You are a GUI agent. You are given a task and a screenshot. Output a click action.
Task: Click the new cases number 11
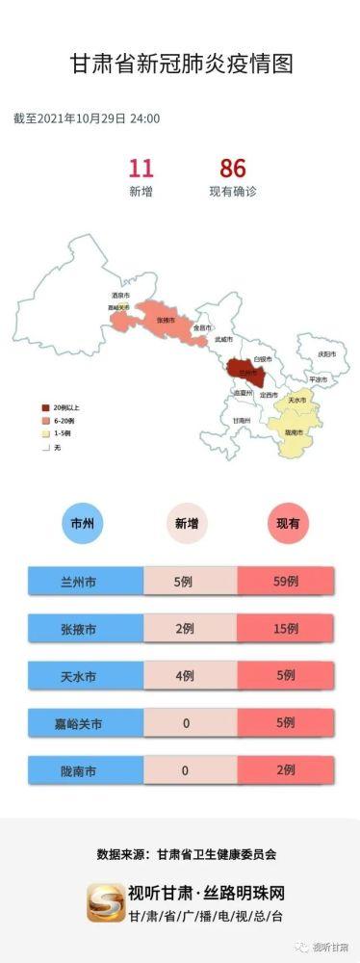pyautogui.click(x=141, y=169)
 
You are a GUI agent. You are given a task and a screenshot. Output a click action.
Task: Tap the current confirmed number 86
pyautogui.click(x=233, y=169)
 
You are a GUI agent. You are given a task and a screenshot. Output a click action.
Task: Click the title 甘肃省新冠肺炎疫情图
pyautogui.click(x=181, y=64)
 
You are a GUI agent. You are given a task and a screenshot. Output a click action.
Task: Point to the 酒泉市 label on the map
pyautogui.click(x=121, y=295)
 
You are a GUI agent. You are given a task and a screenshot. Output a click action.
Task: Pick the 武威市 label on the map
pyautogui.click(x=222, y=340)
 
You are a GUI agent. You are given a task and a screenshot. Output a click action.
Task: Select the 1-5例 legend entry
pyautogui.click(x=57, y=433)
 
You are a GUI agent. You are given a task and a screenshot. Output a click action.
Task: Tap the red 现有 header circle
pyautogui.click(x=287, y=525)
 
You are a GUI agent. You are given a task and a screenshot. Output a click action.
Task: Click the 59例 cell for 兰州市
pyautogui.click(x=286, y=582)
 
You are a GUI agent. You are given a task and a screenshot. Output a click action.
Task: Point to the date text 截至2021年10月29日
pyautogui.click(x=70, y=118)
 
